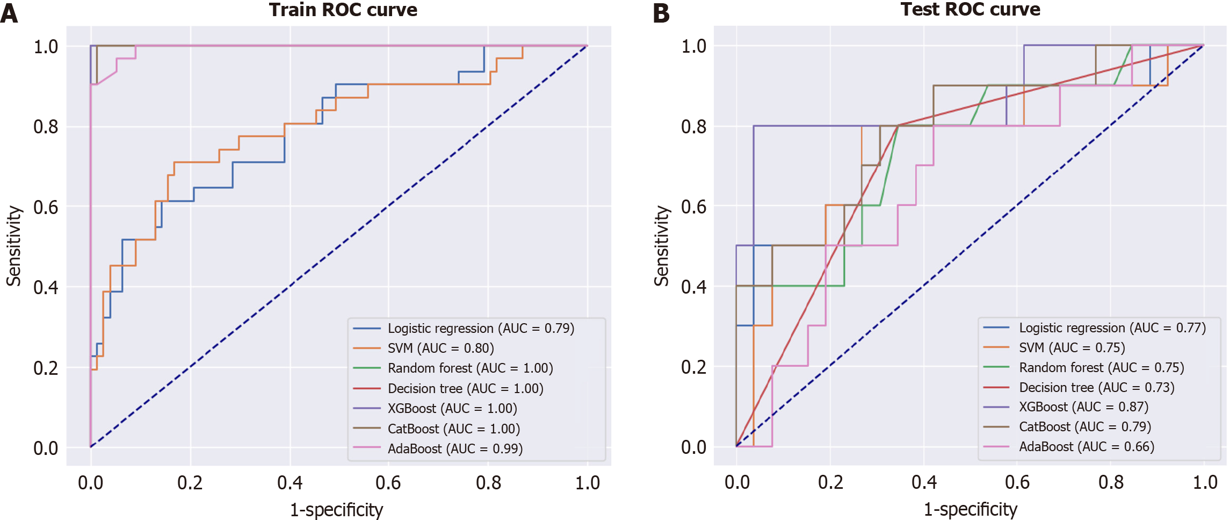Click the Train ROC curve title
[x=343, y=10]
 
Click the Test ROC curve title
[x=970, y=10]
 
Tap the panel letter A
[x=9, y=13]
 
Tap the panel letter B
[x=661, y=13]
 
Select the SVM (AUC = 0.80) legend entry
[x=440, y=348]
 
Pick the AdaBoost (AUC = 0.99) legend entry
[x=455, y=449]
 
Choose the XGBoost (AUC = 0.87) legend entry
[x=1083, y=407]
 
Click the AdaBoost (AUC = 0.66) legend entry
[x=1086, y=447]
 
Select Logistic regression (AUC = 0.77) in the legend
[x=1112, y=328]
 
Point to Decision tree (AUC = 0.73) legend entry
[x=1096, y=388]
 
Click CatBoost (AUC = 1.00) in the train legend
[x=453, y=429]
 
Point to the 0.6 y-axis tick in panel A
[x=46, y=207]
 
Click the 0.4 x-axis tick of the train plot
[x=290, y=483]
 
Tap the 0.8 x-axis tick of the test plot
[x=1111, y=482]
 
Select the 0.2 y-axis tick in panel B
[x=693, y=367]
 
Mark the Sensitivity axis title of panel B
[x=662, y=246]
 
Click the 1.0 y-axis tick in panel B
[x=693, y=47]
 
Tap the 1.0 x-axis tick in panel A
[x=588, y=483]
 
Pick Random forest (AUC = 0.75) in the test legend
[x=1101, y=368]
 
